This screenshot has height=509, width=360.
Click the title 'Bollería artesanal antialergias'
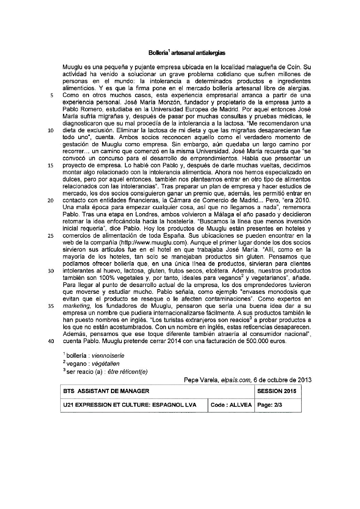(x=187, y=53)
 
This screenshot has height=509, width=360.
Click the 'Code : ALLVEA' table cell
(x=231, y=405)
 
